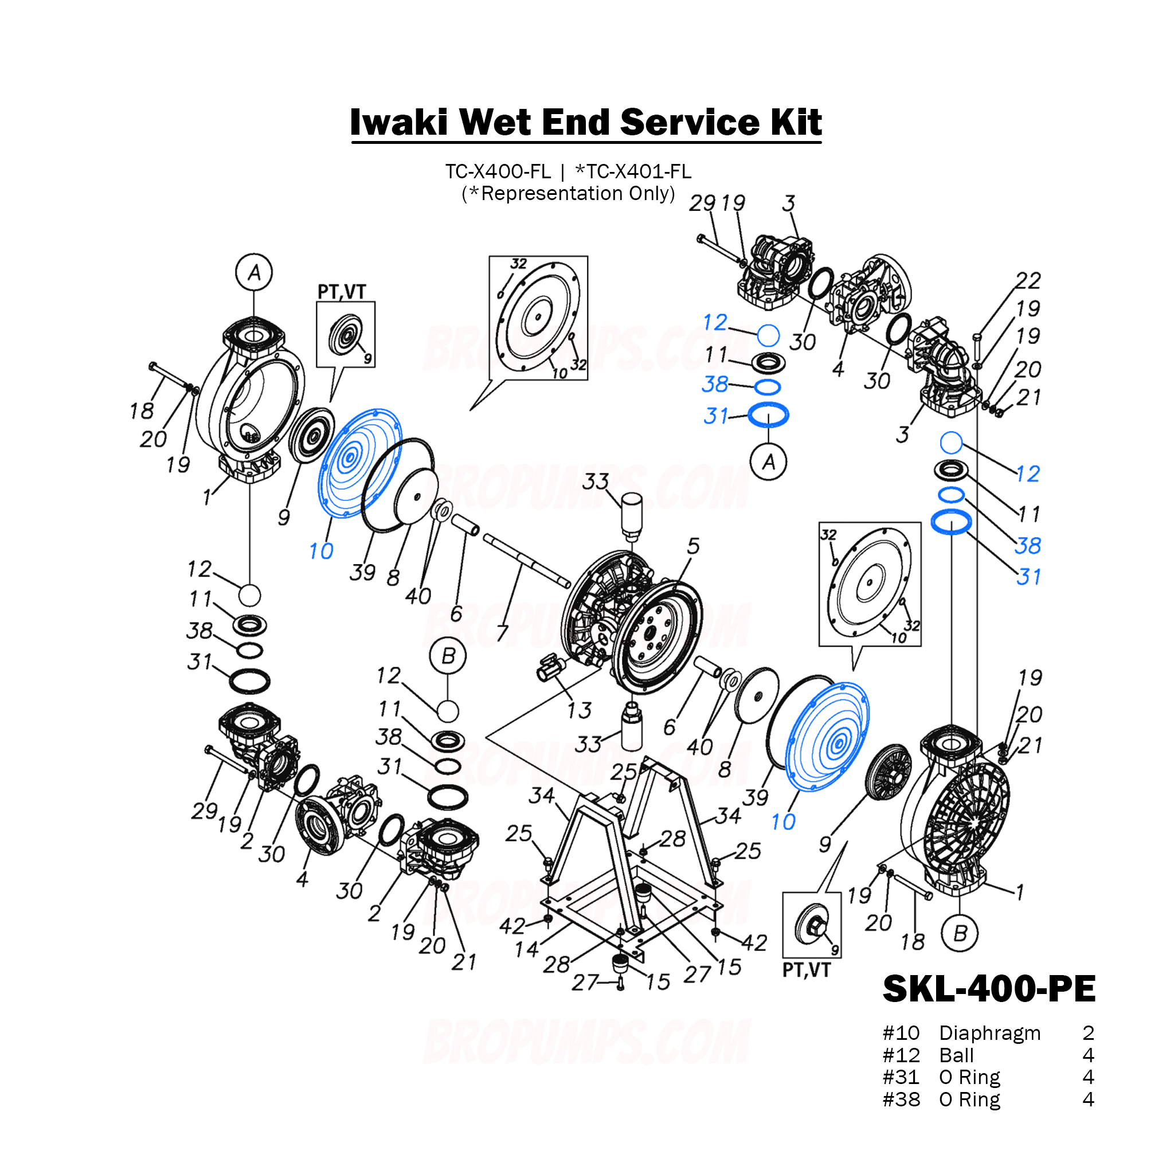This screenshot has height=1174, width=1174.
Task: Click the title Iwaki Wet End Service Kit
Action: coord(586,122)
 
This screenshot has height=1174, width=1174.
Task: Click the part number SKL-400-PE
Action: coord(989,989)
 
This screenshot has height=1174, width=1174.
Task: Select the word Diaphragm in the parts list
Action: coord(989,1033)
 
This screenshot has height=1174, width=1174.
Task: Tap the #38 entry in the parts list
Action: coord(901,1100)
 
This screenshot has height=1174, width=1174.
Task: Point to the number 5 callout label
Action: coord(694,546)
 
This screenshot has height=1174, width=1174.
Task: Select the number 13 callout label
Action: coord(578,710)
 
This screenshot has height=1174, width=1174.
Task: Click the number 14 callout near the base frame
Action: coord(526,949)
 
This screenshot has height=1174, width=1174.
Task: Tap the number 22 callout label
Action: coord(1028,280)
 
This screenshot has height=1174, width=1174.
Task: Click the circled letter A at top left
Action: coord(254,272)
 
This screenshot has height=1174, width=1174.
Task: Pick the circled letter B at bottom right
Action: coord(960,933)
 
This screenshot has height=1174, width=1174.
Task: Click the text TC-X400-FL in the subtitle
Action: coord(498,172)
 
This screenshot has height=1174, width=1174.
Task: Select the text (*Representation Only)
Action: coord(568,194)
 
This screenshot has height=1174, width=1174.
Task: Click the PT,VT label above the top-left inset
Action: coord(342,292)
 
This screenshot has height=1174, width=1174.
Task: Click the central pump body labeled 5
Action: coord(632,620)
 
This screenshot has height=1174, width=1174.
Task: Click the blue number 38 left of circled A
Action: coord(715,384)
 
